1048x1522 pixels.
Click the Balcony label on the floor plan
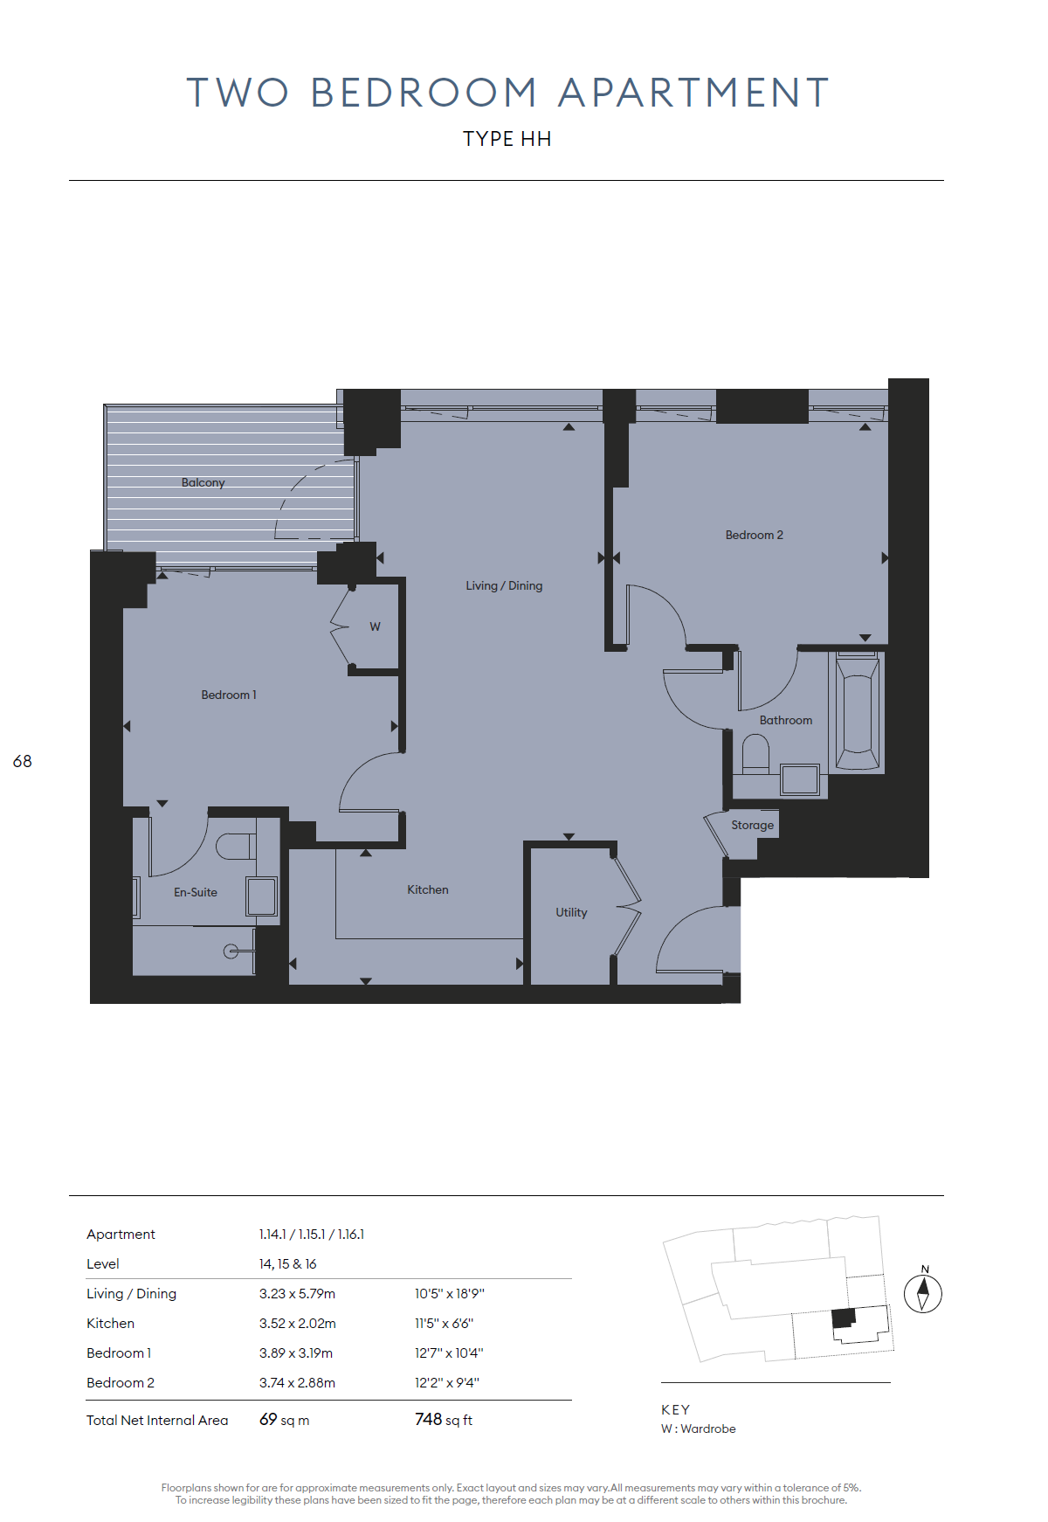(203, 482)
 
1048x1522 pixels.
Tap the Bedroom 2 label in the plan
(755, 535)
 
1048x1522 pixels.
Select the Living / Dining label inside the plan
(504, 585)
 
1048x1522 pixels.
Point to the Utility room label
(571, 912)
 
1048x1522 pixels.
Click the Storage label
(752, 825)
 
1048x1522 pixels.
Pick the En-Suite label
(196, 892)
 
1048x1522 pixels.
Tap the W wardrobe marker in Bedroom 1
(375, 626)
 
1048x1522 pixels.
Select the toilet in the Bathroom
(755, 754)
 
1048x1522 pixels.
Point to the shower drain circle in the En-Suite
(231, 951)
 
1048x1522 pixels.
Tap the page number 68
(22, 761)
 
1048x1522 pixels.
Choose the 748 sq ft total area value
(444, 1420)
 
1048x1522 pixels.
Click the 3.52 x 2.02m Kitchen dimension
(297, 1323)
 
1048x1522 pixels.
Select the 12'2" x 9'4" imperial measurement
(447, 1382)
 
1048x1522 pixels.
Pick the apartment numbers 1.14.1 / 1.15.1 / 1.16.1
(312, 1234)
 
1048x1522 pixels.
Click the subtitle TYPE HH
(507, 139)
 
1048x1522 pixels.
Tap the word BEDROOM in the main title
(424, 93)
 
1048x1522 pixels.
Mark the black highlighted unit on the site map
(843, 1318)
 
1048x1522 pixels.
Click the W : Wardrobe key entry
(699, 1429)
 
